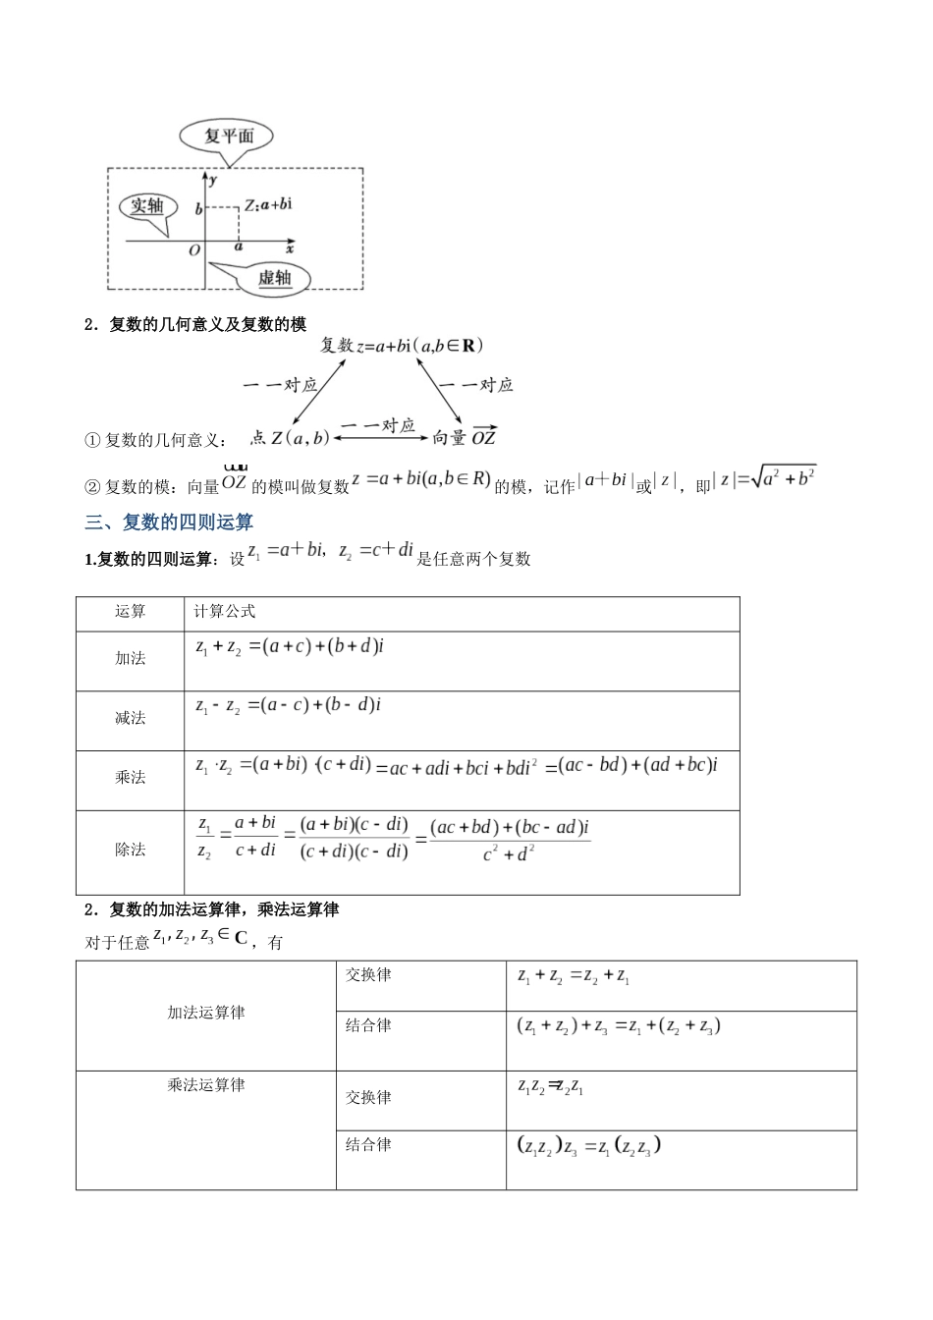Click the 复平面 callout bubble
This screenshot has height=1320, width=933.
pos(227,137)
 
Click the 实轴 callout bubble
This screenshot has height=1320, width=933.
pos(147,206)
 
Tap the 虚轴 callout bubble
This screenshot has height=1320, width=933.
pos(275,278)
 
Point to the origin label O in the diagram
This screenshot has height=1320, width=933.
pos(193,250)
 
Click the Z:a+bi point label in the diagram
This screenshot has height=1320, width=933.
pos(268,204)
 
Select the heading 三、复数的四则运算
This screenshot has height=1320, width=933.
pos(169,522)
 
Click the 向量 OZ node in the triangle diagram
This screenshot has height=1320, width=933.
pos(465,438)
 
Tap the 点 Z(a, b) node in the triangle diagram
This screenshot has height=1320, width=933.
pos(290,438)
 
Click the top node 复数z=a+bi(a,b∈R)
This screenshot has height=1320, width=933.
pos(402,346)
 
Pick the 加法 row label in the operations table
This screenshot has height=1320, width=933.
pos(130,658)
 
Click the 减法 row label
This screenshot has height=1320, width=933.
pos(130,718)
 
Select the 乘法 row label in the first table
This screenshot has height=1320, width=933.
pos(130,777)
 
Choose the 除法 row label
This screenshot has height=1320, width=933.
pos(130,850)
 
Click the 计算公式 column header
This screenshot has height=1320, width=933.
pos(225,611)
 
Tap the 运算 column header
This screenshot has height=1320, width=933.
pos(130,611)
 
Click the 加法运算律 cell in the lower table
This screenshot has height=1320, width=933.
pos(205,1013)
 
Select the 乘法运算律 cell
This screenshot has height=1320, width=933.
pos(205,1085)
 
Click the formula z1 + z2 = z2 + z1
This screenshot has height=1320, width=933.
pos(574,976)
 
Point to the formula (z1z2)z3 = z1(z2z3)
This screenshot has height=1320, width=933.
pos(588,1146)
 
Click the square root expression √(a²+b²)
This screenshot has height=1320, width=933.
pos(784,478)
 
